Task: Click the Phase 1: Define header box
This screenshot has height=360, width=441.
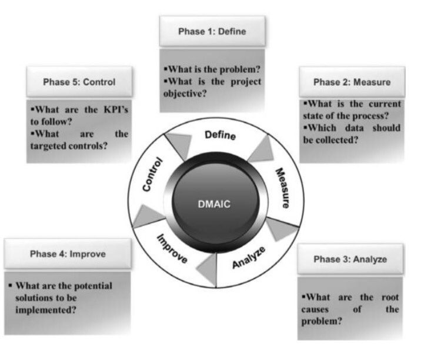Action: [x=212, y=31]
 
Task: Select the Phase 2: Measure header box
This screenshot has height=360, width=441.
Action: [x=351, y=82]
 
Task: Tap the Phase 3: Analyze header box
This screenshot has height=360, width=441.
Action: [x=350, y=259]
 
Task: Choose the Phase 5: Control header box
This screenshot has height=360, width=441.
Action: [x=79, y=82]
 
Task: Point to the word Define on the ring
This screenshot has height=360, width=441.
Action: [x=220, y=136]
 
